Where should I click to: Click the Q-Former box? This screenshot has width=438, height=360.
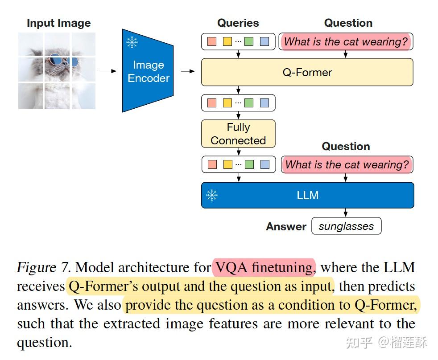(307, 72)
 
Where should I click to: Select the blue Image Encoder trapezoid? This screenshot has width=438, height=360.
(148, 71)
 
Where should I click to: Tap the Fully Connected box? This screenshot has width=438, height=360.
(238, 134)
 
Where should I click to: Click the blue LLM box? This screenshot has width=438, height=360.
(307, 195)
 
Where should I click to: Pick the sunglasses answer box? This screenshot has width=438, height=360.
(346, 226)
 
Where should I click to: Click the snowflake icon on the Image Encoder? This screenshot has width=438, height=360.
(132, 42)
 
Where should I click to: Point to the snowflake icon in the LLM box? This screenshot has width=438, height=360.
(212, 195)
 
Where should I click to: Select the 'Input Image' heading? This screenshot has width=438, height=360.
(58, 23)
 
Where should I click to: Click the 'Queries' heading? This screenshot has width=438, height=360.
(238, 23)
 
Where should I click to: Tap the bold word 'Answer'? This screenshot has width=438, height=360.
(286, 226)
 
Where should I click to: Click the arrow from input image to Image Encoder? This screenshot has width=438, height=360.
(107, 71)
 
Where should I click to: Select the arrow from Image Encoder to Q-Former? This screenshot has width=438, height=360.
(188, 71)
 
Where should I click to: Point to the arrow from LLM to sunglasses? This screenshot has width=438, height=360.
(346, 213)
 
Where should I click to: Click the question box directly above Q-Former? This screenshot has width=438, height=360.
(346, 42)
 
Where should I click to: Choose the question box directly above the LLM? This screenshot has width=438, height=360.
(347, 164)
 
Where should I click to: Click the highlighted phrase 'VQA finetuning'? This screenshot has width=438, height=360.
(264, 267)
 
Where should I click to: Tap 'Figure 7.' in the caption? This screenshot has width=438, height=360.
(44, 267)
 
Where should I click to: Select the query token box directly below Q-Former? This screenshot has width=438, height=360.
(238, 103)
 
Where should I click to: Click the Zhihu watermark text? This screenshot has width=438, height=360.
(386, 342)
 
